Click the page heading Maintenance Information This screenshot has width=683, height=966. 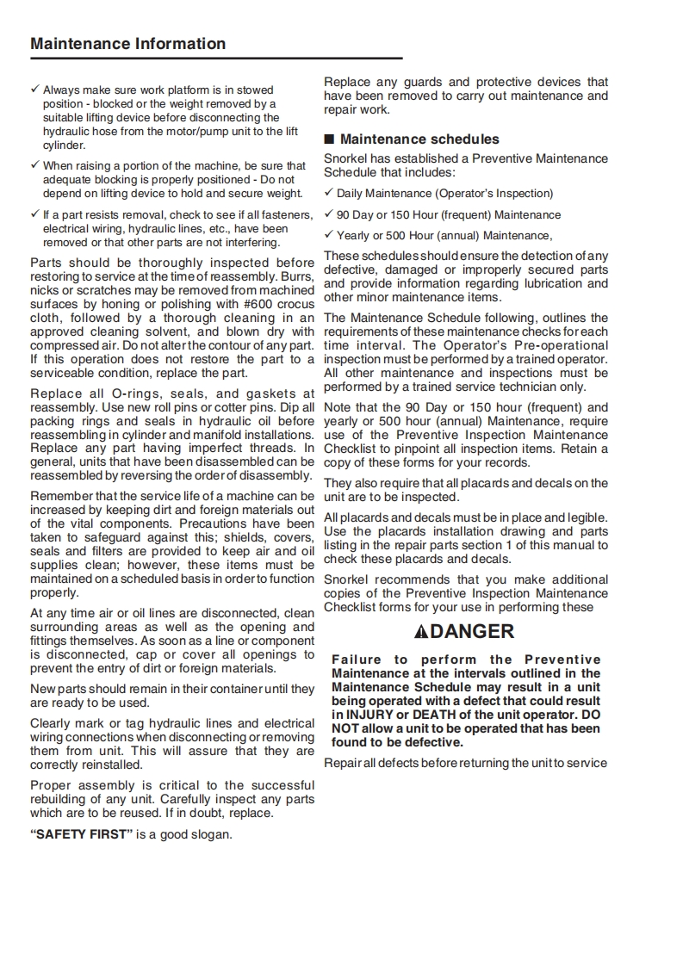pos(128,44)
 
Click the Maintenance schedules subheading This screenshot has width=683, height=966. pos(419,139)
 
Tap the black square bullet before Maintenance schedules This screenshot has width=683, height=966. pos(328,139)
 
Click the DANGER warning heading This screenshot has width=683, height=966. pos(472,631)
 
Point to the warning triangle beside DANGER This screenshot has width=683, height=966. pos(420,632)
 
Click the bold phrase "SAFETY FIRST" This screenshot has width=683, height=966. pos(82,834)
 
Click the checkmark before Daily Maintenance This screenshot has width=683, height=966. pos(328,193)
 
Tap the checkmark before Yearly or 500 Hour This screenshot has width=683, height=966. pos(328,235)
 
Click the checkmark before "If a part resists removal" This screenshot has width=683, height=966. pos(34,214)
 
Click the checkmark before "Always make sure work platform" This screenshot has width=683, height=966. pos(34,89)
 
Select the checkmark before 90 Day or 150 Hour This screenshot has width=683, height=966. pos(328,214)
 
